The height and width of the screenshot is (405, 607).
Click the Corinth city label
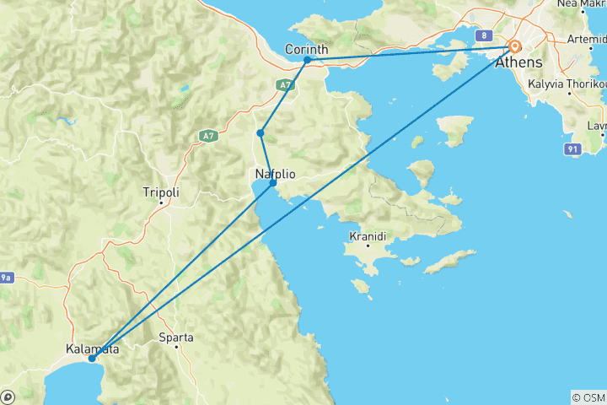(307, 50)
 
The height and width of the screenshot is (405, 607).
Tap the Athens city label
(519, 63)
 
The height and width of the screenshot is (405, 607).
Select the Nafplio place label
(274, 174)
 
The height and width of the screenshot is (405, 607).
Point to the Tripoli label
(161, 192)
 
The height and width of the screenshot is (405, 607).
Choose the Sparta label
(177, 337)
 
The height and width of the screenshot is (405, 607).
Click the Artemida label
(587, 40)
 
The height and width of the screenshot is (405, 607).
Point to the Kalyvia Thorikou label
(567, 84)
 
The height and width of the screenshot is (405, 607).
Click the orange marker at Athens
(513, 47)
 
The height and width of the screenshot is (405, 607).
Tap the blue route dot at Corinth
(308, 60)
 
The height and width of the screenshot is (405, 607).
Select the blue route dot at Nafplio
(272, 182)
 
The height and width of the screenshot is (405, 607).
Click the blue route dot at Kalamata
(92, 359)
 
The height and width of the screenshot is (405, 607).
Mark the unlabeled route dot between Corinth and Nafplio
(261, 133)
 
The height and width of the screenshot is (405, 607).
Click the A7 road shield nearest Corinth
(286, 85)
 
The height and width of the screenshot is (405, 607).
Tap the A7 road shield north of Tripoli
(207, 135)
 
